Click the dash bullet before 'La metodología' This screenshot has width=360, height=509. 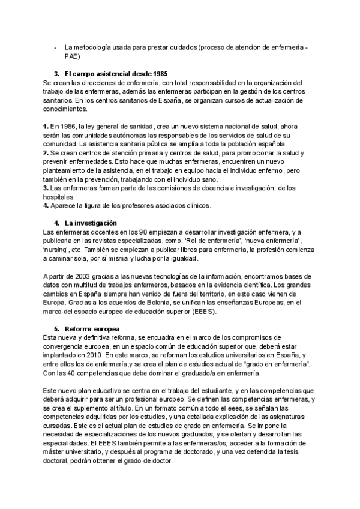point(56,47)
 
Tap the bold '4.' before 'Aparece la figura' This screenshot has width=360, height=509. point(46,206)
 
